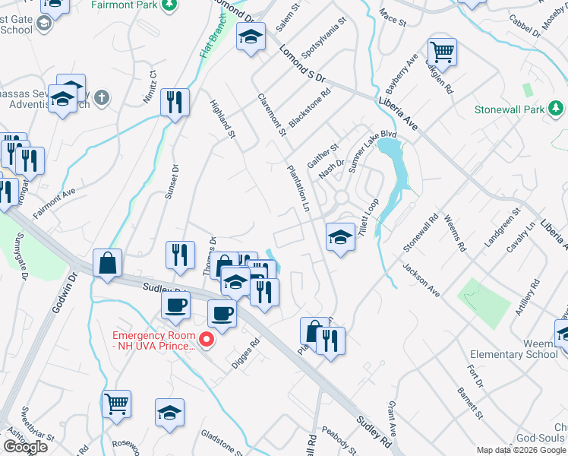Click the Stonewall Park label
click(x=510, y=110)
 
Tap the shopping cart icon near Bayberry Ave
click(x=442, y=52)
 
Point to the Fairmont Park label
click(x=125, y=5)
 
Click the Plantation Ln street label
click(x=298, y=189)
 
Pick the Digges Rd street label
click(x=245, y=352)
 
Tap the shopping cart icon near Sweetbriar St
click(x=116, y=404)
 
